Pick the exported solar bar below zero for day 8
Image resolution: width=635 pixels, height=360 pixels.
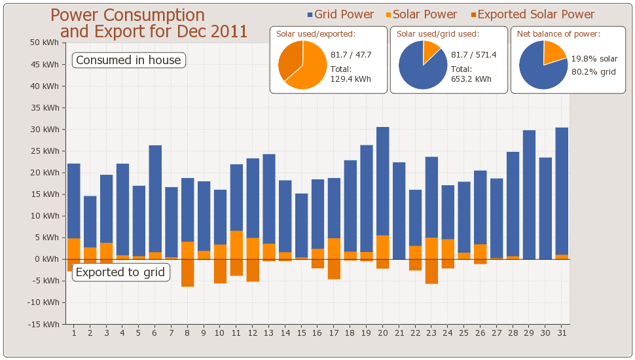188,273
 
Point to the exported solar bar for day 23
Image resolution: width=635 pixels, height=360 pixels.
431,271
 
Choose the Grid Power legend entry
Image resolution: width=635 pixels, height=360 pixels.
340,14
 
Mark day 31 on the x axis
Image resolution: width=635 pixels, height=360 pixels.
562,333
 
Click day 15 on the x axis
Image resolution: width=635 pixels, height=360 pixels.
301,333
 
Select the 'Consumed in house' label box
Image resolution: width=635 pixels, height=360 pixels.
128,60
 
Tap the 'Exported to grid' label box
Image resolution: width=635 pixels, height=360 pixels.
121,272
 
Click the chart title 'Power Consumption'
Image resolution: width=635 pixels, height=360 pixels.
128,15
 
